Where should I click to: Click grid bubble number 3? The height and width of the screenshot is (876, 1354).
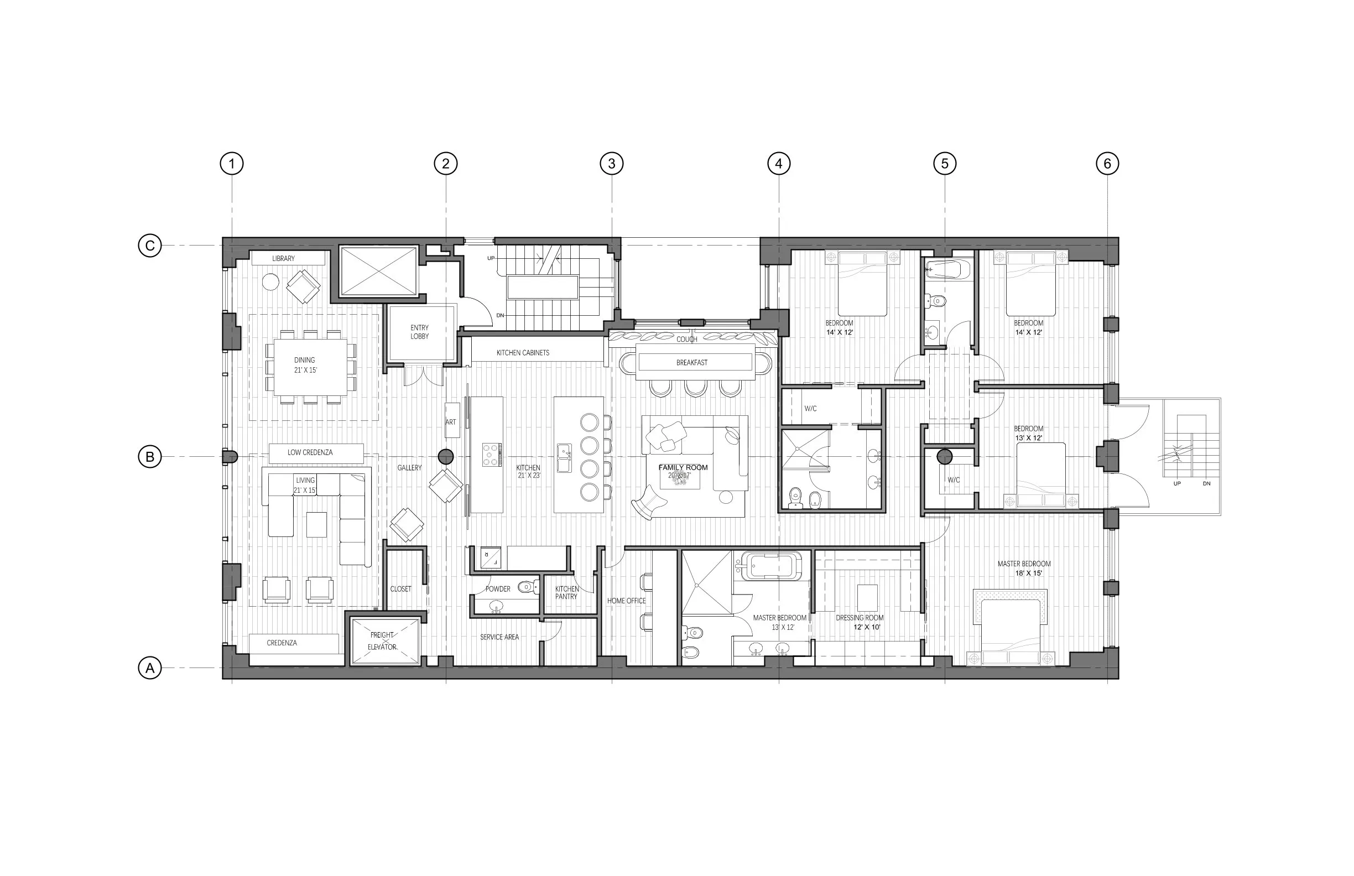(612, 164)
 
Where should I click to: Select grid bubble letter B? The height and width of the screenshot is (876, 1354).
(150, 457)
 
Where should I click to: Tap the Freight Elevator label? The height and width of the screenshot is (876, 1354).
(382, 641)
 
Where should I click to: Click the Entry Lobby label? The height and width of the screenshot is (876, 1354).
(420, 332)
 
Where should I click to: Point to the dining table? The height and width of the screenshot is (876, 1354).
(311, 367)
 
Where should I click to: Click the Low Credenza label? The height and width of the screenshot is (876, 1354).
(310, 453)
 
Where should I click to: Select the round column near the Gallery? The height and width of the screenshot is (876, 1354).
(445, 456)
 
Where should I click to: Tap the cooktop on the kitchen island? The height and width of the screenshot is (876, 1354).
(492, 455)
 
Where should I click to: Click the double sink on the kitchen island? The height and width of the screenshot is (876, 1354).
(564, 458)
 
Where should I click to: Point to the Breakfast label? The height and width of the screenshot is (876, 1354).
(692, 362)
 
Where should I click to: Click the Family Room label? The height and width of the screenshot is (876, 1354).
(683, 467)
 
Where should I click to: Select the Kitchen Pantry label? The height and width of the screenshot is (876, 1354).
(566, 593)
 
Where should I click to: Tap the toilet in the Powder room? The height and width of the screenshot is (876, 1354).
(529, 586)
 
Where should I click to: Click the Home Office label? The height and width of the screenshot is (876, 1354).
(626, 601)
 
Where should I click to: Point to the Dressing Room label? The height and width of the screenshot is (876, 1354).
(860, 618)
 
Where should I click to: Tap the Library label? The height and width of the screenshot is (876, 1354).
(283, 258)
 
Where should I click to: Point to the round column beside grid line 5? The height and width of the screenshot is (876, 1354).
(944, 456)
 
